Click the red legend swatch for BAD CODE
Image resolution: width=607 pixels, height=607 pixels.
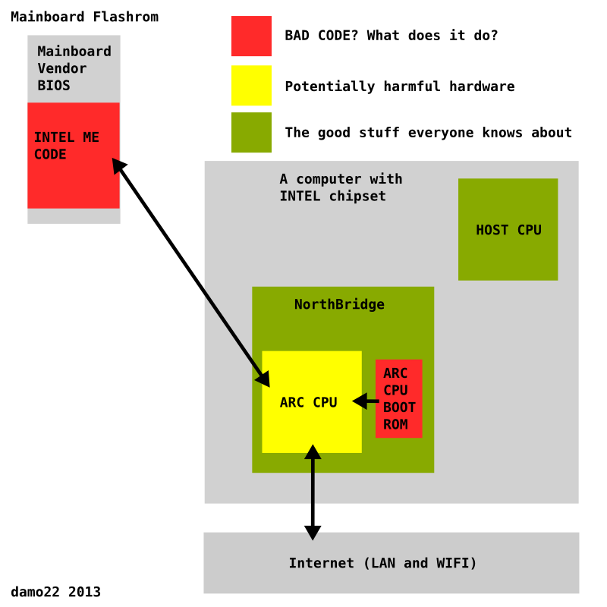click(x=251, y=36)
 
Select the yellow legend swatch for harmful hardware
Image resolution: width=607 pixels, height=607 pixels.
click(x=251, y=85)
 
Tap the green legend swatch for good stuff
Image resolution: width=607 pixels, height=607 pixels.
click(x=251, y=133)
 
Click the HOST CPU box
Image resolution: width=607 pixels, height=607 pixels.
click(x=508, y=229)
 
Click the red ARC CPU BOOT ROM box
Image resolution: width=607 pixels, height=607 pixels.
click(x=398, y=398)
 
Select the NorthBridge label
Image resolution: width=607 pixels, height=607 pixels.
click(x=339, y=304)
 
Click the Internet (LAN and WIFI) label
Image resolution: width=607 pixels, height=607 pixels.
click(x=382, y=563)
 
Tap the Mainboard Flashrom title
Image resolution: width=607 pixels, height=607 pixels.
click(x=84, y=17)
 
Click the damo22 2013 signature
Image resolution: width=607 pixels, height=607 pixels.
click(x=55, y=592)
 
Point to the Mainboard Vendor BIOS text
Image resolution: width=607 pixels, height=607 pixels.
click(x=74, y=68)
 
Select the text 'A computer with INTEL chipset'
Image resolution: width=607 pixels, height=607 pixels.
click(x=341, y=187)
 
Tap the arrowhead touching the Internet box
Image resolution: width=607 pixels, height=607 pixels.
click(x=313, y=530)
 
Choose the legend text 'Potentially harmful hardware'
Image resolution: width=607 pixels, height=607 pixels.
click(x=399, y=86)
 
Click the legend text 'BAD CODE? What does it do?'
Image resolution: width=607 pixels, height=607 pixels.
click(x=391, y=35)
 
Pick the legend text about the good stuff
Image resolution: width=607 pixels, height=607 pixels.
click(x=428, y=133)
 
